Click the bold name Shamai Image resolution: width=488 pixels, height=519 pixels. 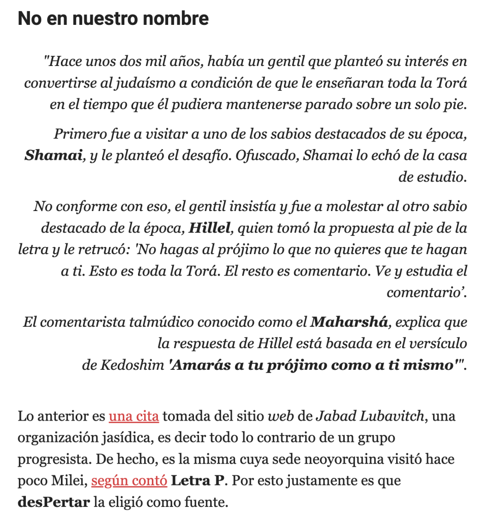53,155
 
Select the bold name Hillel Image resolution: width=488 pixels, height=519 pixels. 209,228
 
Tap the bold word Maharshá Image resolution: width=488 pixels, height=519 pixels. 348,322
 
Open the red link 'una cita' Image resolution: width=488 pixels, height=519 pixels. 134,417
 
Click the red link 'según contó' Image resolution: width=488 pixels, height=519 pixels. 129,481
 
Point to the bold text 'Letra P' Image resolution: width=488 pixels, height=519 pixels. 198,481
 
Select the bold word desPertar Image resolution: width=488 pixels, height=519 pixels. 53,503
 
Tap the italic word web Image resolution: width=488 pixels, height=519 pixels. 277,417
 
